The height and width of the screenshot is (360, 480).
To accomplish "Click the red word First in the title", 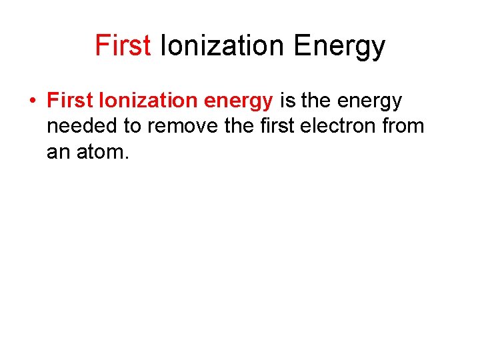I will point(123,46).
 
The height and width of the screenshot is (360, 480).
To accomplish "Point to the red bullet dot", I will point(31,101).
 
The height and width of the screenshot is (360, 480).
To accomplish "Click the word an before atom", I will point(57,153).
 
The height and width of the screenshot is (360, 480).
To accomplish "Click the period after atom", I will point(124,157).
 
